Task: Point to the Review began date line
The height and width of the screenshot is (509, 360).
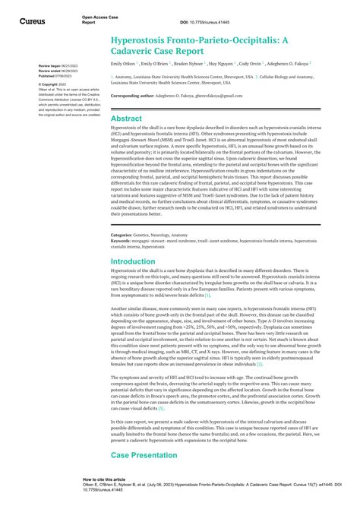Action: (55, 67)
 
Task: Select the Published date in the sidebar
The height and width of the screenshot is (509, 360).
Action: (55, 76)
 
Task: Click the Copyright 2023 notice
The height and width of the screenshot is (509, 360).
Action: (55, 85)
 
